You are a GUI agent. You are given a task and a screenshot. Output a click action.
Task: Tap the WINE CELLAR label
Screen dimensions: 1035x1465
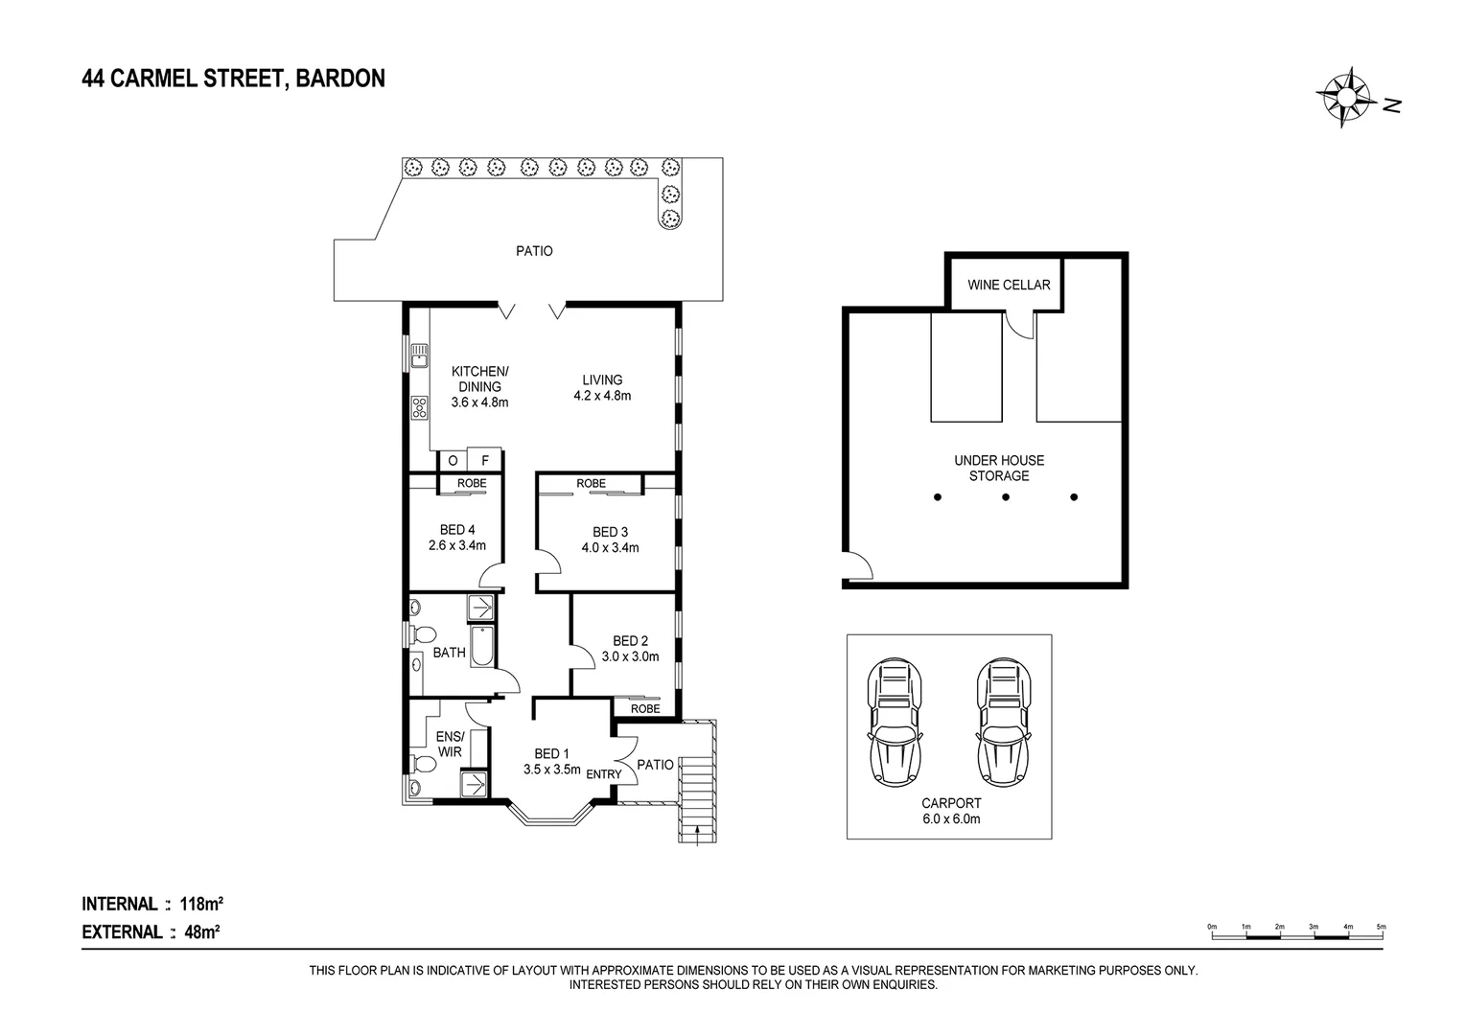tap(1008, 285)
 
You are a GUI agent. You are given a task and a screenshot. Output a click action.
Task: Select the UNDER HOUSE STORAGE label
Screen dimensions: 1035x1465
tap(999, 468)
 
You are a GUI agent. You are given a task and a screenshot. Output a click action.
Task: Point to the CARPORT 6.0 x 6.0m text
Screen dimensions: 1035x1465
tap(950, 811)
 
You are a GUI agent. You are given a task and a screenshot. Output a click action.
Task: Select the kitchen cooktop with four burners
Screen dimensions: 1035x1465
tap(418, 407)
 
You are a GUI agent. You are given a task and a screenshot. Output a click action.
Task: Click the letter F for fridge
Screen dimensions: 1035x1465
tap(485, 460)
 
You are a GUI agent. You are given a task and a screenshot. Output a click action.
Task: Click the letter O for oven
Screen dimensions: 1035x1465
tap(453, 460)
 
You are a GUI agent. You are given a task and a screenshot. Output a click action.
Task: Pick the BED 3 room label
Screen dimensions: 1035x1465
tap(610, 540)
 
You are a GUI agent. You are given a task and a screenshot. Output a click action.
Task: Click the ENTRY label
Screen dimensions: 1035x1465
tap(604, 774)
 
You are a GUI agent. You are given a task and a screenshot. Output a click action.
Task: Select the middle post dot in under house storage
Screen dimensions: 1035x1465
tap(1006, 496)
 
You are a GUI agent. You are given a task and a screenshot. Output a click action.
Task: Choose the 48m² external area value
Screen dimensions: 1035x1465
tap(202, 931)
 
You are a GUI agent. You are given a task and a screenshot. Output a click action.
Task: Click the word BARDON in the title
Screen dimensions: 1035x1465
tap(340, 79)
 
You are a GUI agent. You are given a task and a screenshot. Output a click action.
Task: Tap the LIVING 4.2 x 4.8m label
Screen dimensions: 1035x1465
tap(602, 387)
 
